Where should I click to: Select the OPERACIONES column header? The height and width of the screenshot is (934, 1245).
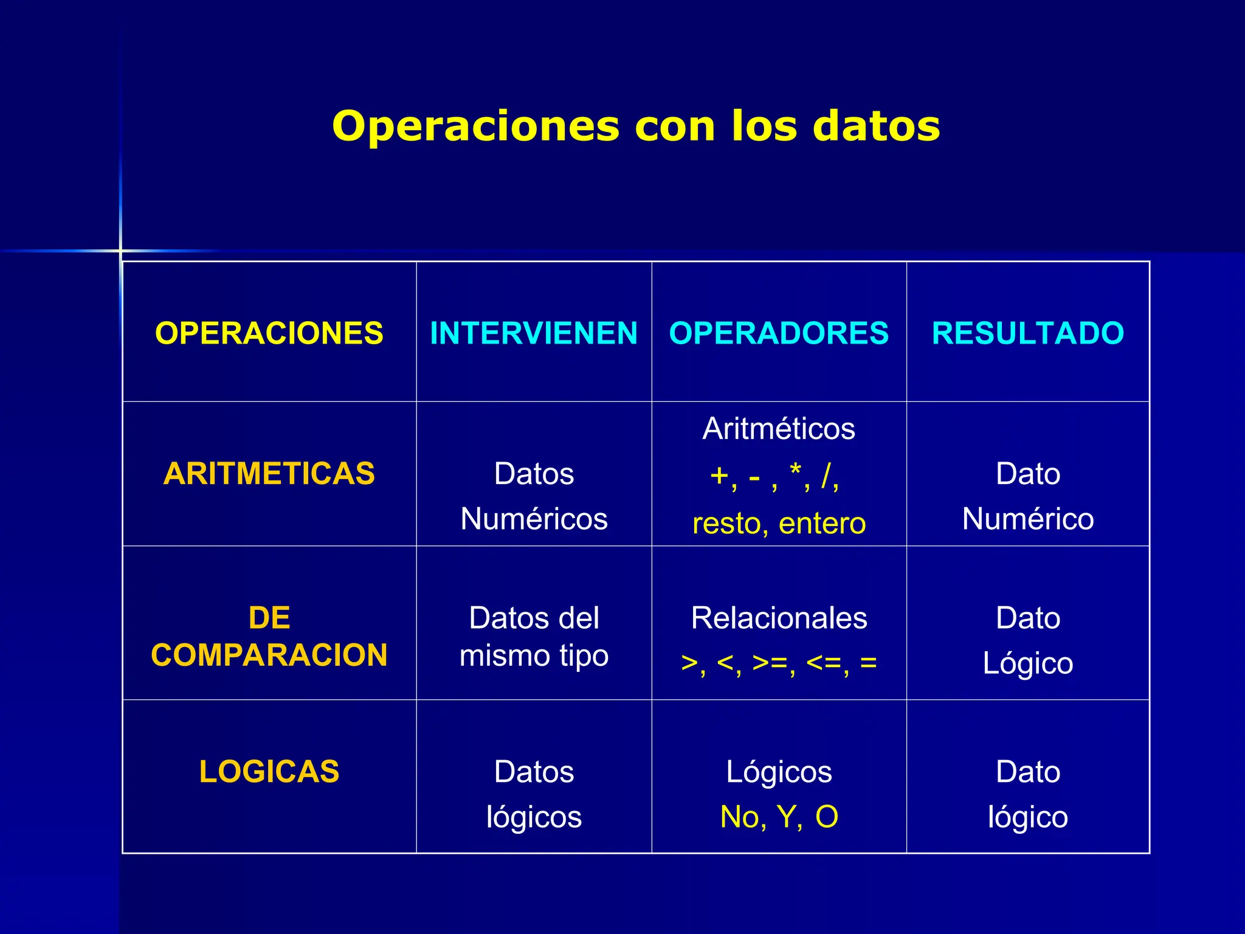269,333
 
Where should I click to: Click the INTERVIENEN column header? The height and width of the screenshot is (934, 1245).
534,333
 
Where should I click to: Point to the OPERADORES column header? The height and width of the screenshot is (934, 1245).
779,333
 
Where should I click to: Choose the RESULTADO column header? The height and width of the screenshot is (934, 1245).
1028,333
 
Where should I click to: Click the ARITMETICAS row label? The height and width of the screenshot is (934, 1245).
269,474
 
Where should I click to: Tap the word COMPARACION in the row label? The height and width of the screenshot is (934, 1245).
269,656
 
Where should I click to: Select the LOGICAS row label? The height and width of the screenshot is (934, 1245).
269,772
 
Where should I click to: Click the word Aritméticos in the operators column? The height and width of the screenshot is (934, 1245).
779,429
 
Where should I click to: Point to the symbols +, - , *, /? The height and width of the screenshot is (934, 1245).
775,476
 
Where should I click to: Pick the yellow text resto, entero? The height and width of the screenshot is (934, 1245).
779,523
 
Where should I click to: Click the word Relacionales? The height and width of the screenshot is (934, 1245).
779,618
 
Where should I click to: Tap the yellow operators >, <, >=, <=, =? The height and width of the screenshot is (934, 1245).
779,663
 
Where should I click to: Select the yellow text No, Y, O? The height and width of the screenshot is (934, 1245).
779,817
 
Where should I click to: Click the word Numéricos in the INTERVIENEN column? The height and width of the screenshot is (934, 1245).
534,519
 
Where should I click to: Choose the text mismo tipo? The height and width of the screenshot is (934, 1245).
534,656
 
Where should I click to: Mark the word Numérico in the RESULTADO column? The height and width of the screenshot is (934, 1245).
1028,519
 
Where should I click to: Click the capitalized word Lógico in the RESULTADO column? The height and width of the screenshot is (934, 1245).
1028,663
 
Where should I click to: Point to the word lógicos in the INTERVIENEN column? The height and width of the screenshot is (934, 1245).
534,817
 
